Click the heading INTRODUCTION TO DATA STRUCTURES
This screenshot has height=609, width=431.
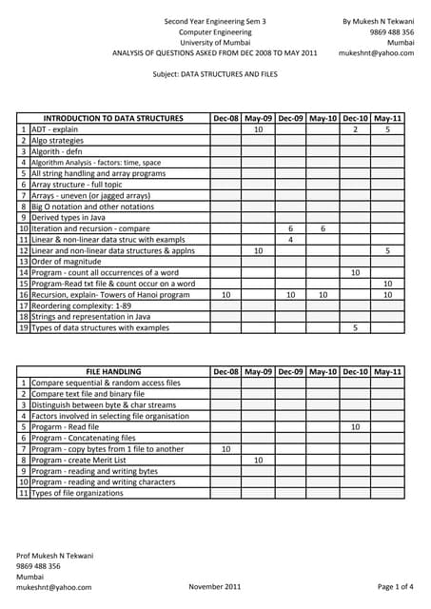click(x=113, y=118)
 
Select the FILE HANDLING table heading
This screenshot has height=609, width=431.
click(x=113, y=371)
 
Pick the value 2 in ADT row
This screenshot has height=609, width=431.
click(x=355, y=128)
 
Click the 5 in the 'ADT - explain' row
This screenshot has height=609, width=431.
click(x=387, y=128)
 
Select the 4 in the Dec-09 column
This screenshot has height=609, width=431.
click(x=290, y=240)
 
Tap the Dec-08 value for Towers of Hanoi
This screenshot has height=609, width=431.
click(x=225, y=295)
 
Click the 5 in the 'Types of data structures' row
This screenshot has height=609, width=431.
click(x=355, y=327)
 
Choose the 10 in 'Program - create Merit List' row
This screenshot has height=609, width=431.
click(x=258, y=460)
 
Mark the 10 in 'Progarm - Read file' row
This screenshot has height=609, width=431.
click(x=355, y=427)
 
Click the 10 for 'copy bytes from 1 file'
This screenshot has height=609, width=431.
click(x=225, y=448)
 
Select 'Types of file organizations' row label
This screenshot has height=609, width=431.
click(x=77, y=493)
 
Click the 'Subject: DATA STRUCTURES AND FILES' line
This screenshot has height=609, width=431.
click(x=215, y=73)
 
